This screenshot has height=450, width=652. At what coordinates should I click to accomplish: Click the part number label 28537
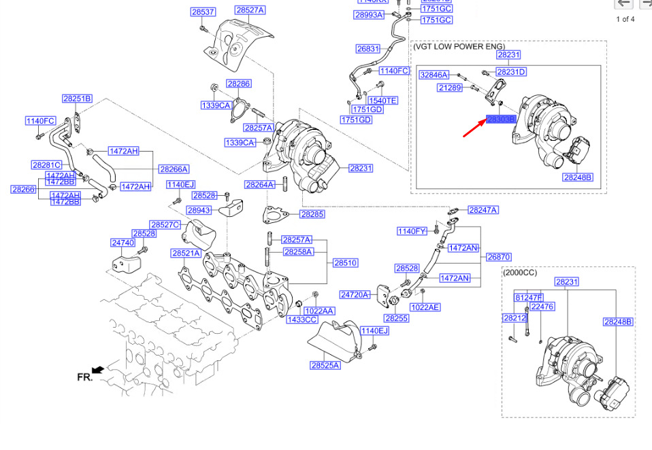point(203,12)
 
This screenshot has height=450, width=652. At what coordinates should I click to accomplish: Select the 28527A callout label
point(250,10)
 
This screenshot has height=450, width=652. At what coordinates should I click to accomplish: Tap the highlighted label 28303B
point(502,120)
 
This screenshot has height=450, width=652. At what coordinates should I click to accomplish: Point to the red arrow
point(474,128)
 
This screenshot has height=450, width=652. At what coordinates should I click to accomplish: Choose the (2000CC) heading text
point(520,272)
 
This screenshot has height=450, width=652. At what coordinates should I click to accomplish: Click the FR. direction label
point(84,376)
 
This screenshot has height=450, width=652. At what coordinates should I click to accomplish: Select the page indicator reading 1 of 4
point(625,19)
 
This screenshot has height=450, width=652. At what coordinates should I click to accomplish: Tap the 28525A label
point(325,365)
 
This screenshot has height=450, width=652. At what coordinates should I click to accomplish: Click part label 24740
point(123,242)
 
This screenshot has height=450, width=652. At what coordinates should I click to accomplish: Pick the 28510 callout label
point(345,262)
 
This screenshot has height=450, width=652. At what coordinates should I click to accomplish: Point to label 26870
point(498,258)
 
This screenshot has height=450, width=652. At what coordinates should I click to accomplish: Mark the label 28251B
point(77,99)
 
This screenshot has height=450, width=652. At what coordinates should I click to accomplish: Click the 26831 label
point(368,49)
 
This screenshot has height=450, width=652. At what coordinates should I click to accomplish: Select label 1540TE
point(382,101)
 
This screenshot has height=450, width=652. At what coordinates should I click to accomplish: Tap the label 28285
point(313,214)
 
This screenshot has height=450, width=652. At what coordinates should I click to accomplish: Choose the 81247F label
point(528,297)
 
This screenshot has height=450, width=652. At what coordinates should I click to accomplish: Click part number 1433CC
point(301,319)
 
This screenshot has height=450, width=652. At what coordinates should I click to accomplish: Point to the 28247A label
point(483,210)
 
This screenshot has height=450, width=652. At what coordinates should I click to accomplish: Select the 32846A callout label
point(434,75)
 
